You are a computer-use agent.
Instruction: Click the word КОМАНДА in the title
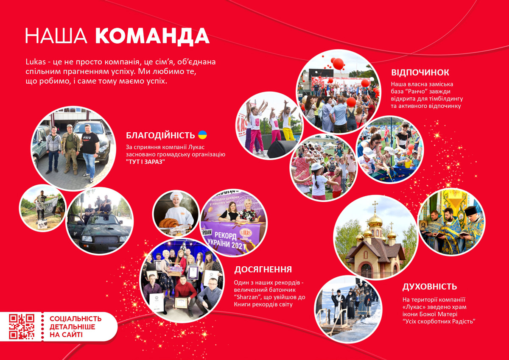(152, 36)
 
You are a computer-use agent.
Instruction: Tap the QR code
(22, 327)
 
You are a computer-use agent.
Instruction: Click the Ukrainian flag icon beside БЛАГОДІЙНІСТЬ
(202, 135)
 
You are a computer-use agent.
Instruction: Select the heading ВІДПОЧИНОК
(420, 73)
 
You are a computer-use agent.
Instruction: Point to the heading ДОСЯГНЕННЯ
(263, 269)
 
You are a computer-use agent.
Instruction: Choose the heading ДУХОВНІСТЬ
(429, 287)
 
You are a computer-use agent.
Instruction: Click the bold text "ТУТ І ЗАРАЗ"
(145, 162)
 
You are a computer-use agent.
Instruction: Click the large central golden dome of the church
(375, 221)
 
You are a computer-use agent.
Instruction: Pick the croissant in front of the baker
(169, 223)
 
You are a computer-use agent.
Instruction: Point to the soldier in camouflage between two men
(70, 148)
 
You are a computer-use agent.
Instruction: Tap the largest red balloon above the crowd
(338, 64)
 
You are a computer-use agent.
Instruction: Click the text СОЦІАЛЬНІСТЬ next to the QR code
(76, 319)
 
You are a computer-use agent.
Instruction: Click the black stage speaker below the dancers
(282, 149)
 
